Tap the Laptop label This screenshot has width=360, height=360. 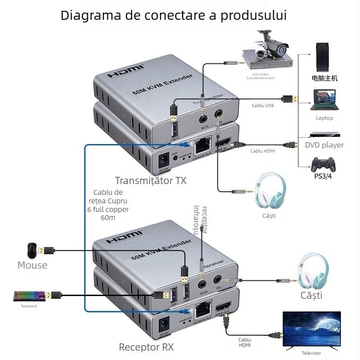click(x=324, y=118)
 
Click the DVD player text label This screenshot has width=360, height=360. click(x=324, y=145)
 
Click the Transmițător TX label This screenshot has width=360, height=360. click(x=150, y=181)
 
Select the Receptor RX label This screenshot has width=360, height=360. click(x=146, y=347)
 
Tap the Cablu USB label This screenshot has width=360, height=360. click(x=262, y=106)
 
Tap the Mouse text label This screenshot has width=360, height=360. click(x=32, y=265)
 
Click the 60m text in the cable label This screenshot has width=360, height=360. click(x=108, y=218)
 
